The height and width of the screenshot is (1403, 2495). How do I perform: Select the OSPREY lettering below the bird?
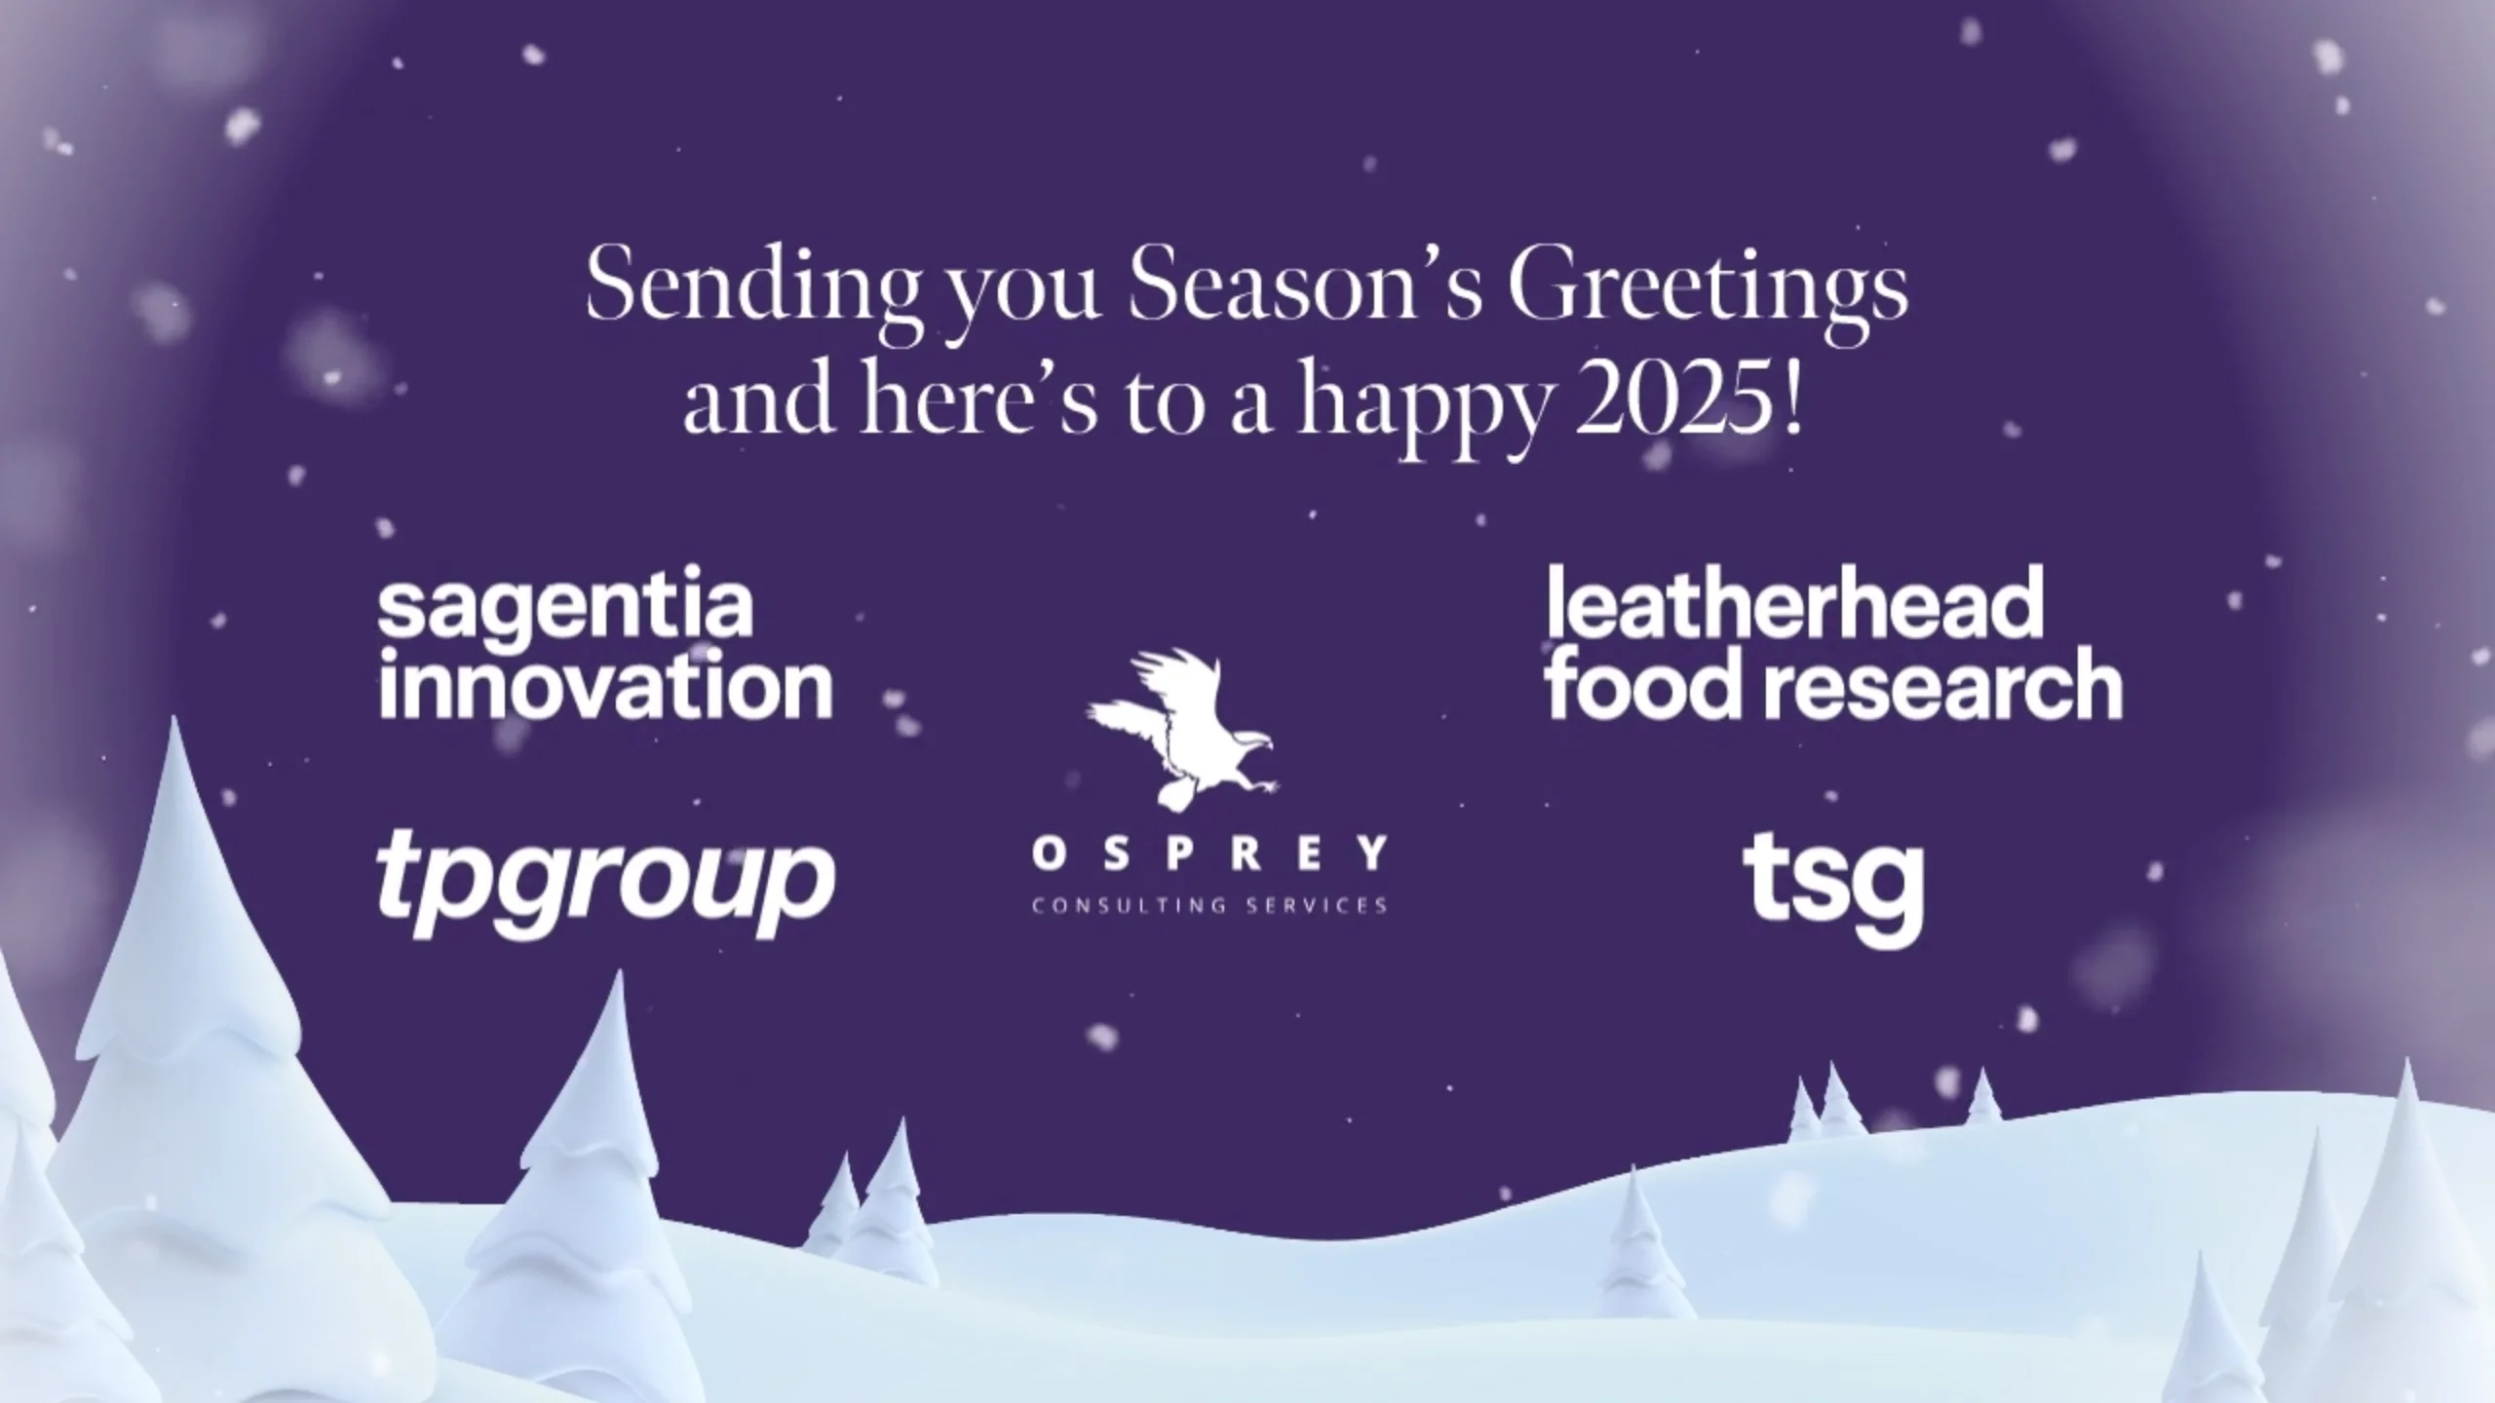pyautogui.click(x=1209, y=854)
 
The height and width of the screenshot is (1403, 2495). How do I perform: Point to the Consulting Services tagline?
pyautogui.click(x=1209, y=906)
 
